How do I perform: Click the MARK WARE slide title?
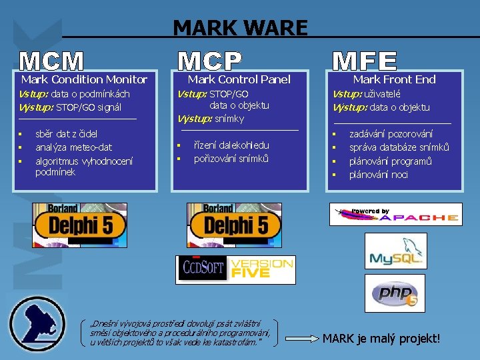(240, 27)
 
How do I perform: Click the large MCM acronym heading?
(52, 61)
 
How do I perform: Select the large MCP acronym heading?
(209, 61)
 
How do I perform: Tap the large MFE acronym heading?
(364, 61)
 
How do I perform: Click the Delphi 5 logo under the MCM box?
(80, 221)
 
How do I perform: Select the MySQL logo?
(395, 251)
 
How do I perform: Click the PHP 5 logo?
(395, 292)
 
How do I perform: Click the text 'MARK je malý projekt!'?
(381, 338)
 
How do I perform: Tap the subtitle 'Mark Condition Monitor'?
(84, 79)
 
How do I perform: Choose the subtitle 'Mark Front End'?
(394, 79)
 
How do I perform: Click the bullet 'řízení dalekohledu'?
(231, 145)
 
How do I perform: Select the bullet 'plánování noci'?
(379, 175)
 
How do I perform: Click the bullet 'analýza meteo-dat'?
(73, 147)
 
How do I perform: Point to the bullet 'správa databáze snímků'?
(399, 147)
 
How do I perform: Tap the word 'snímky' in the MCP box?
(229, 119)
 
